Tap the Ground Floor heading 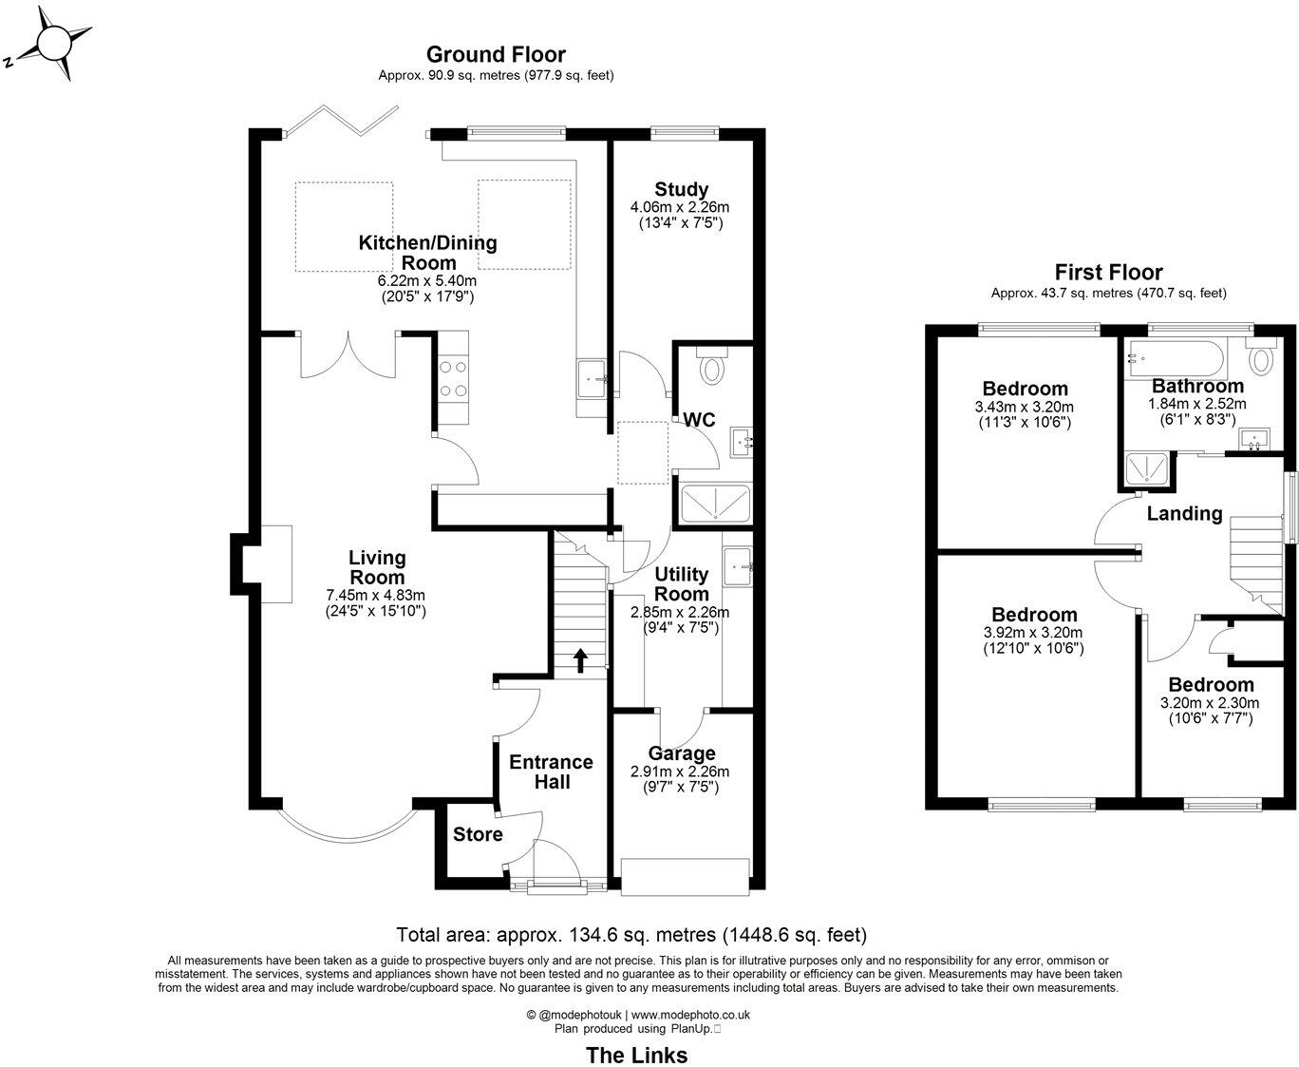tap(495, 54)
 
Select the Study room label tap(681, 189)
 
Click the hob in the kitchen tap(453, 377)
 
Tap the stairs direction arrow tap(579, 660)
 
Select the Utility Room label tap(682, 584)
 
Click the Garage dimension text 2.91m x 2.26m tap(680, 772)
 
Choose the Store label tap(478, 834)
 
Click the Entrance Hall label tap(551, 772)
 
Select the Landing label tap(1184, 514)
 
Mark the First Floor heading tap(1108, 273)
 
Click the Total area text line tap(631, 934)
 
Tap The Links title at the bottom tap(636, 1055)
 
